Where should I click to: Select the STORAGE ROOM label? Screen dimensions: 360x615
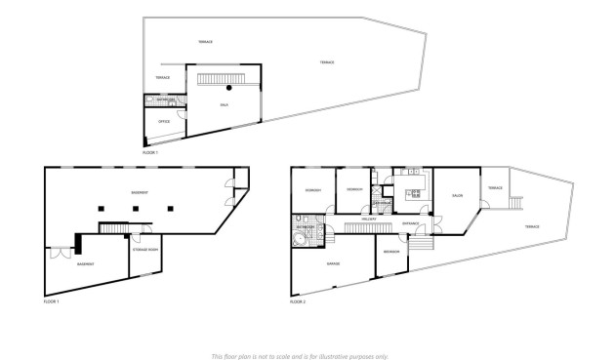tap(145, 250)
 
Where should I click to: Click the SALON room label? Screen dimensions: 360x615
tap(456, 195)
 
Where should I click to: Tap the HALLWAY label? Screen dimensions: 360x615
tap(369, 220)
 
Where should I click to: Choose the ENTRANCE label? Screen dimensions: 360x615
tap(411, 223)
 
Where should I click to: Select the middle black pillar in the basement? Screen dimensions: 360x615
tap(134, 208)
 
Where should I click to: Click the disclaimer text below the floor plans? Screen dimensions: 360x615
tap(300, 356)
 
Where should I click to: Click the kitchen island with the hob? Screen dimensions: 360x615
tap(415, 193)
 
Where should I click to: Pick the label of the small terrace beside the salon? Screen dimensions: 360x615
tap(495, 188)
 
